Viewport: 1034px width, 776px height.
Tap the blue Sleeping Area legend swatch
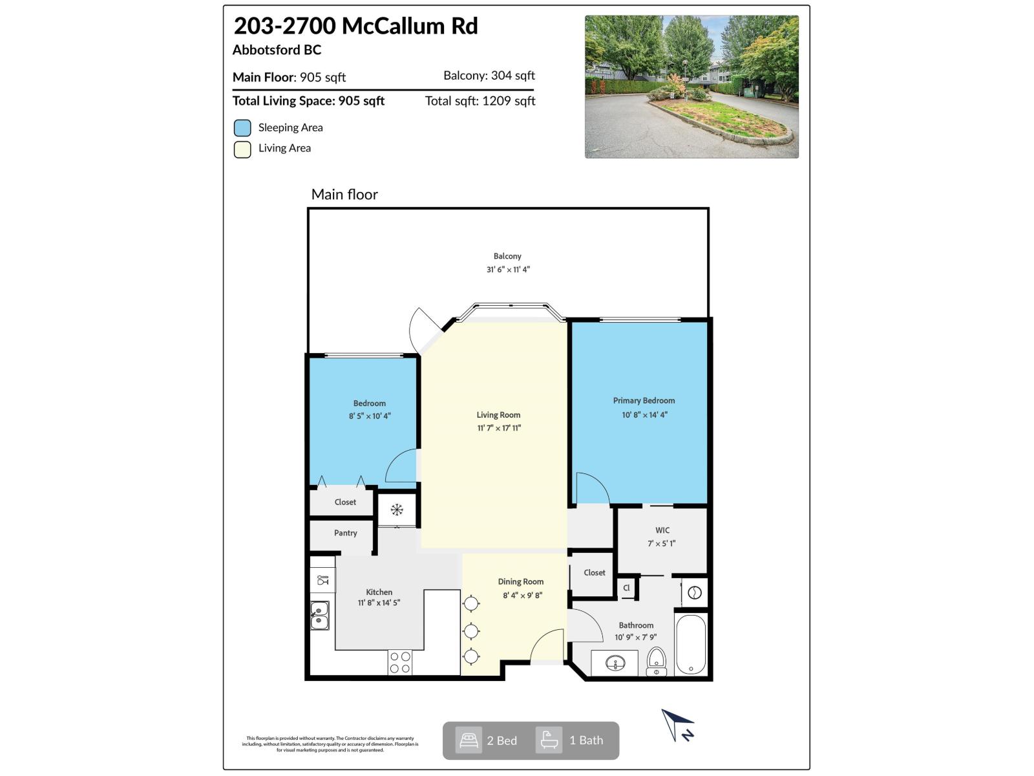[242, 128]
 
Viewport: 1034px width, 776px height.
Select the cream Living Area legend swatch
[242, 149]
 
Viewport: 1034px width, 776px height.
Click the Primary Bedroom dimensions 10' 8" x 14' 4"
[644, 415]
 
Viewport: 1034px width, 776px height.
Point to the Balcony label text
[507, 256]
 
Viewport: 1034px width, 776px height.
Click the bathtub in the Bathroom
[691, 644]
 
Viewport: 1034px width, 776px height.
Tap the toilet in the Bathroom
[656, 662]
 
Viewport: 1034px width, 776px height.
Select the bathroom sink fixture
[615, 663]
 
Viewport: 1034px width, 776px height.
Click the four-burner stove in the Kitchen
[400, 662]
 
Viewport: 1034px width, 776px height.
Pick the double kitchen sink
[320, 615]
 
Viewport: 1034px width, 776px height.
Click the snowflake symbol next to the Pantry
[397, 510]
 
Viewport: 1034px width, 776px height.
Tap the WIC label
[662, 530]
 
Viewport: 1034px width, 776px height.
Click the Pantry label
[345, 533]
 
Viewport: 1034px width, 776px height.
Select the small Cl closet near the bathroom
[626, 588]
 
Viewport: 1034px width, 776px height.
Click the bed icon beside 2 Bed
[469, 740]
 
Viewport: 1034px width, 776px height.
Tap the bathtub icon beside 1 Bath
[549, 740]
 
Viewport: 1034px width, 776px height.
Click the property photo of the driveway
[691, 87]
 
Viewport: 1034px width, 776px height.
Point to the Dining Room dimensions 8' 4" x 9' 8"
[522, 595]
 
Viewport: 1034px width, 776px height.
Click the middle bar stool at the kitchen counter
[471, 630]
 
